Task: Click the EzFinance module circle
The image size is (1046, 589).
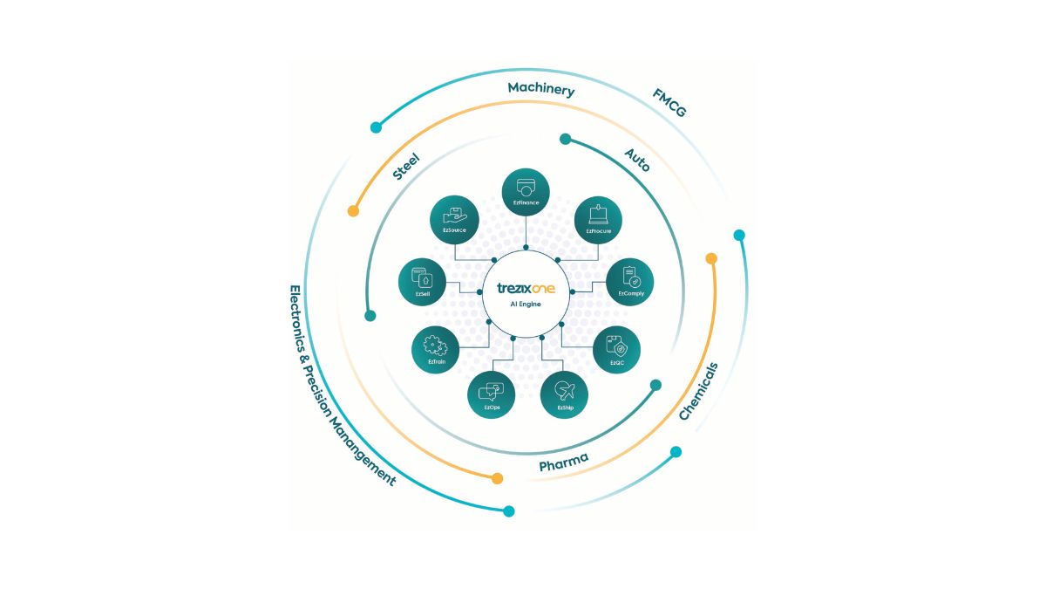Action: click(x=525, y=193)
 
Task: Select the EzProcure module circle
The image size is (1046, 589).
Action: click(x=598, y=219)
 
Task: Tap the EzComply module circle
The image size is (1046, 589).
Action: click(x=630, y=282)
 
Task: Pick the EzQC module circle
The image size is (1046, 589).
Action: click(x=617, y=349)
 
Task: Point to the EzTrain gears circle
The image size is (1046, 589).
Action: click(x=435, y=349)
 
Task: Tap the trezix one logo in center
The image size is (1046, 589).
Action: click(x=526, y=288)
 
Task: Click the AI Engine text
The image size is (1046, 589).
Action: click(x=526, y=305)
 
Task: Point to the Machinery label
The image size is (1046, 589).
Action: click(x=541, y=89)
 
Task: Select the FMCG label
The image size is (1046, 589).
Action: click(x=669, y=103)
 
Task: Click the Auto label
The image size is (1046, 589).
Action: click(x=637, y=159)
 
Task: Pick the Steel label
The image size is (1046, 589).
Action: click(x=406, y=166)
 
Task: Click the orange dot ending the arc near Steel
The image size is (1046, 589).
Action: click(x=353, y=211)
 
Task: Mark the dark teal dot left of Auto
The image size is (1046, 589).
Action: click(x=565, y=139)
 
